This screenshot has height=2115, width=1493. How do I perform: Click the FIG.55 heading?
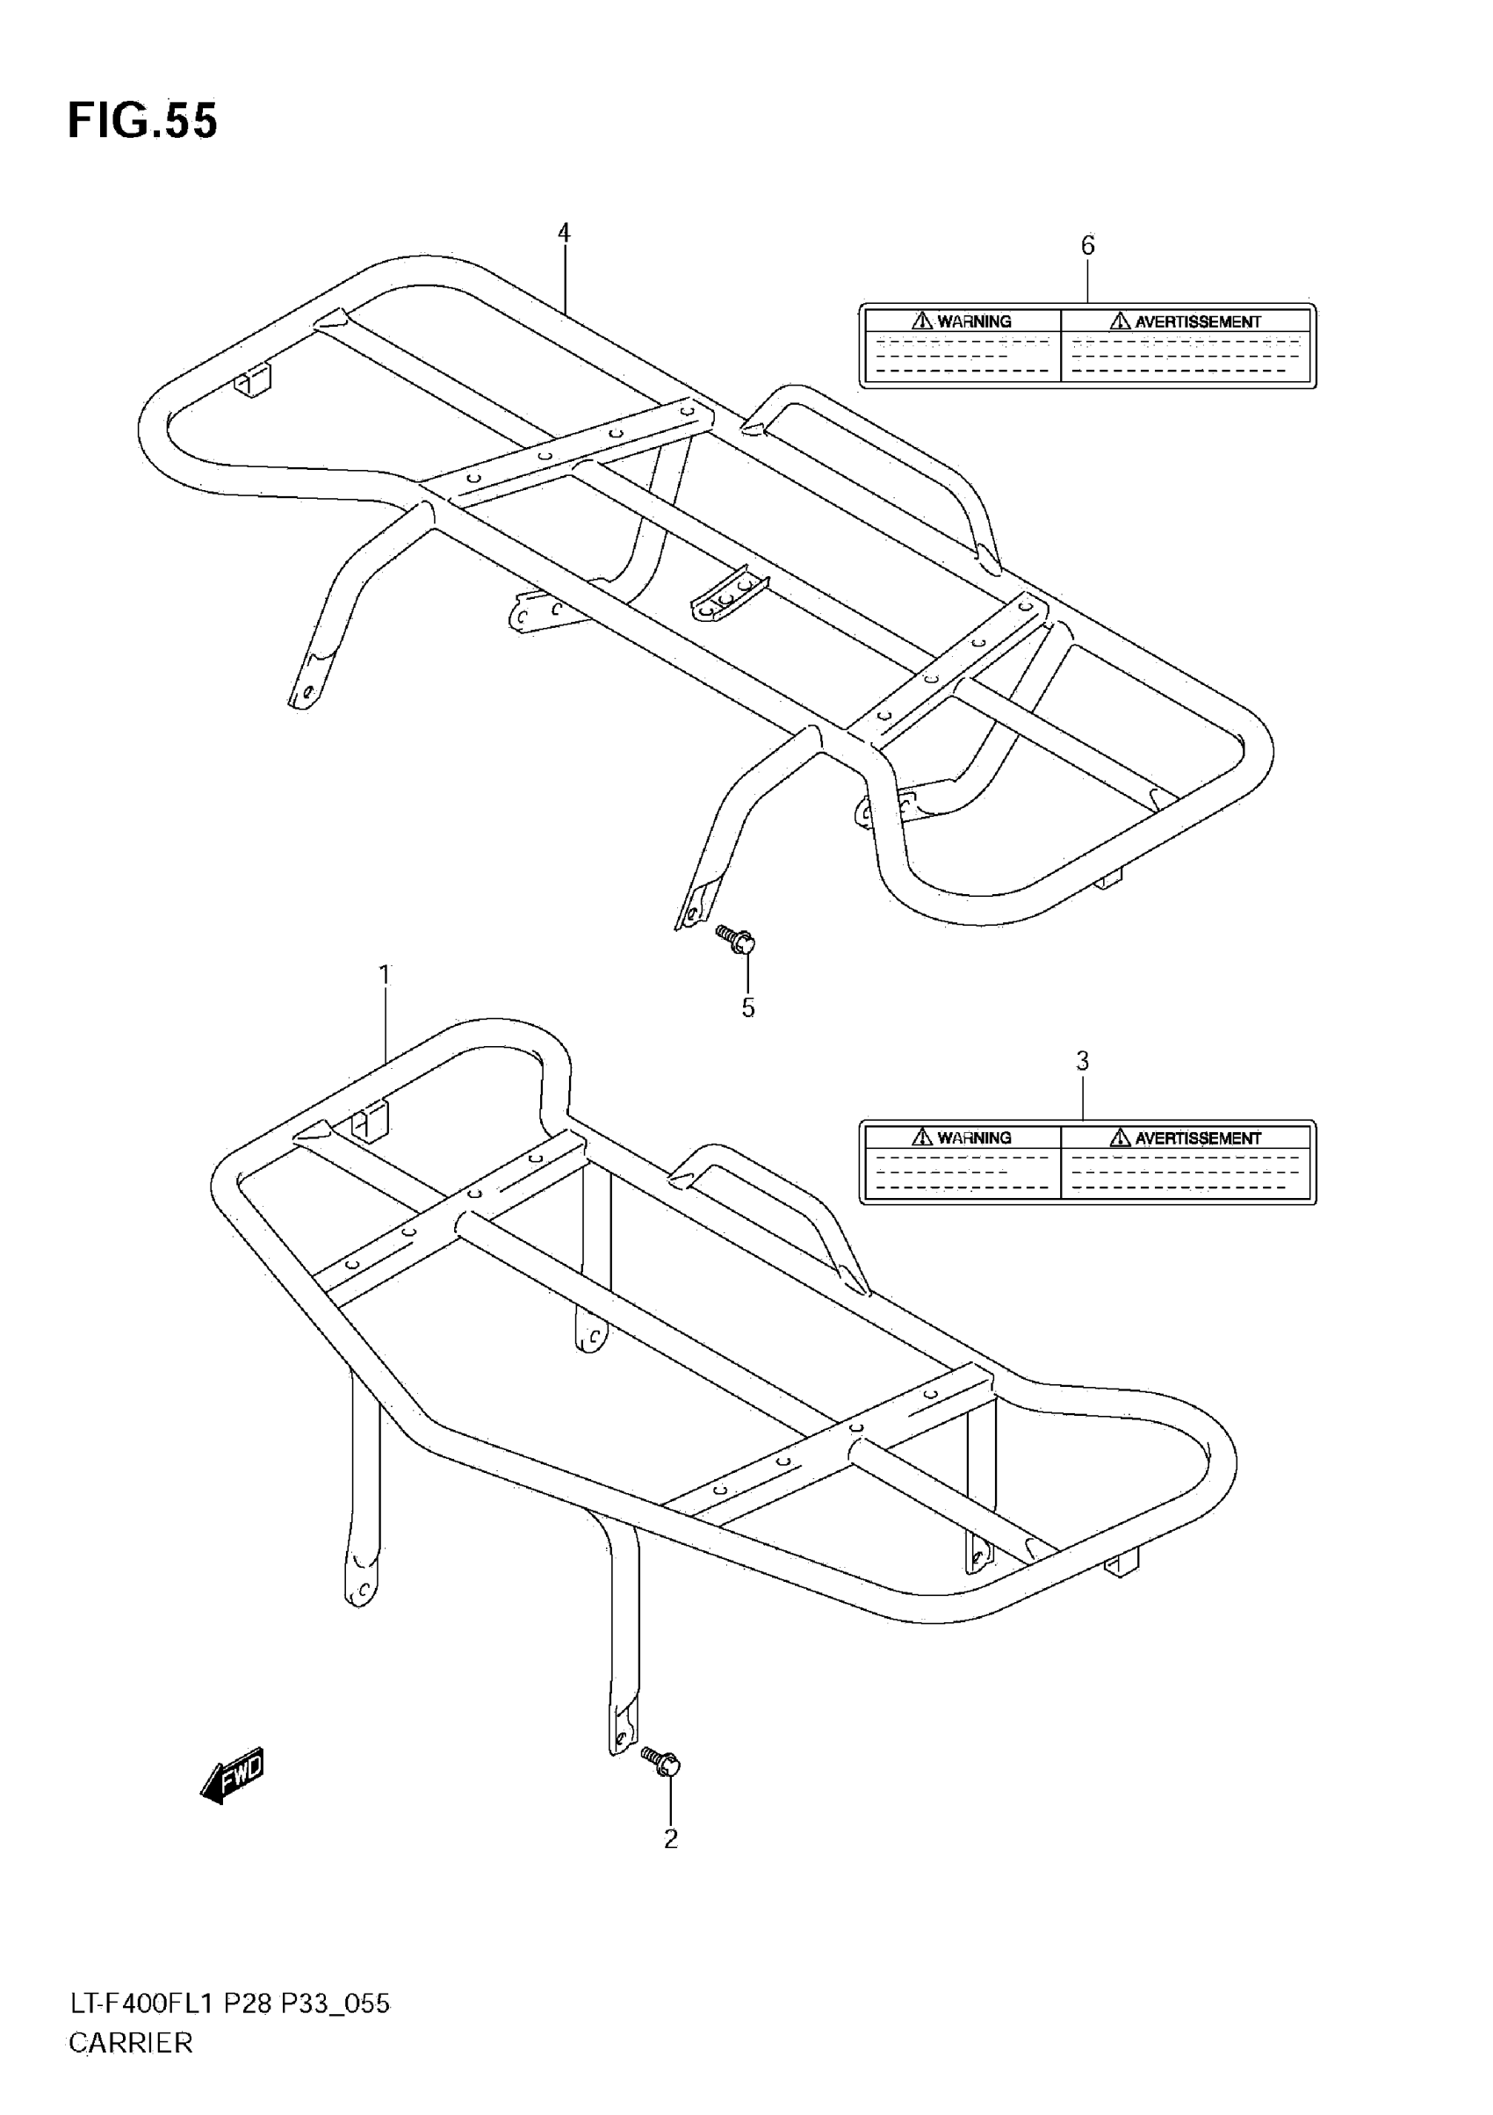tap(143, 120)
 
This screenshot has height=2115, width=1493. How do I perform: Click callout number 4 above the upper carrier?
tap(564, 233)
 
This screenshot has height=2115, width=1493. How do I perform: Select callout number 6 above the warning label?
tap(1088, 245)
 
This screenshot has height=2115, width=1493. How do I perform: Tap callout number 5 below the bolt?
tap(748, 1007)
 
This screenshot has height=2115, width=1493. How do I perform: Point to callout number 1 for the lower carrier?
tap(385, 975)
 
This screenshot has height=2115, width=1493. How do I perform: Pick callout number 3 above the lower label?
tap(1082, 1061)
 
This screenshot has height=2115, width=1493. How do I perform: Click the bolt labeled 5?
tap(737, 940)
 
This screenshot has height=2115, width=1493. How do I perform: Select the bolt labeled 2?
tap(662, 1761)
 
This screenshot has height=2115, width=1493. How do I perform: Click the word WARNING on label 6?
tap(974, 321)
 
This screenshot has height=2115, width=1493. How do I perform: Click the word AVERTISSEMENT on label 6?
tap(1197, 321)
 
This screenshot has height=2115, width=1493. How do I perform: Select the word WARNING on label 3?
tap(974, 1137)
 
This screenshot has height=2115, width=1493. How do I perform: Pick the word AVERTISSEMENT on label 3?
tap(1197, 1138)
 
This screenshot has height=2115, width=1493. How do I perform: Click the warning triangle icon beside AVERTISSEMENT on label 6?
tap(1120, 321)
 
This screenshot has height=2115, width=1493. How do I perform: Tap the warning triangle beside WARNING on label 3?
tap(922, 1137)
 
